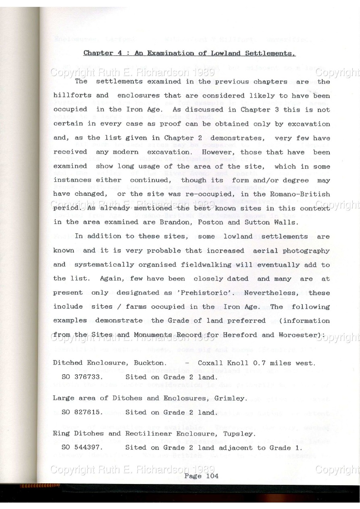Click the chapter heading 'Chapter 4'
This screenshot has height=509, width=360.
[x=99, y=53]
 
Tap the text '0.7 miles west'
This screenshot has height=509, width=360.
[x=291, y=363]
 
